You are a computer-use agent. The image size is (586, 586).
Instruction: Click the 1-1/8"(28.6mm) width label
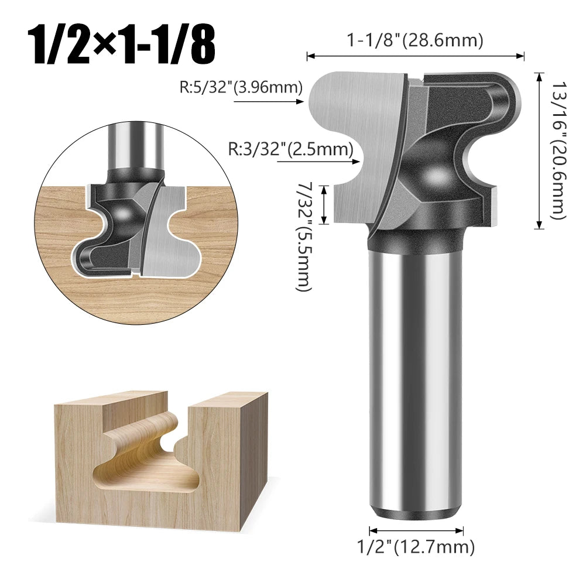(x=414, y=40)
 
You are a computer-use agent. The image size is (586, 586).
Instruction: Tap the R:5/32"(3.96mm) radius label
(x=241, y=88)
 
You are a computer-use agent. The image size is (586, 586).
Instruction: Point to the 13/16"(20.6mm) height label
(x=557, y=150)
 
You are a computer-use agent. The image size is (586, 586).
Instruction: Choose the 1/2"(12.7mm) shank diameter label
(x=416, y=547)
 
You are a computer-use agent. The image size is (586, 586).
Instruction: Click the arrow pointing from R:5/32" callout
(x=269, y=101)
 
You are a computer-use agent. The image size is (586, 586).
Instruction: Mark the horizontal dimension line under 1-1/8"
(x=416, y=56)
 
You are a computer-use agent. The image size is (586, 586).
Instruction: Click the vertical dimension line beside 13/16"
(x=539, y=150)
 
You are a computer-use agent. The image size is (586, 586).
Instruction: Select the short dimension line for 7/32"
(x=327, y=204)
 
